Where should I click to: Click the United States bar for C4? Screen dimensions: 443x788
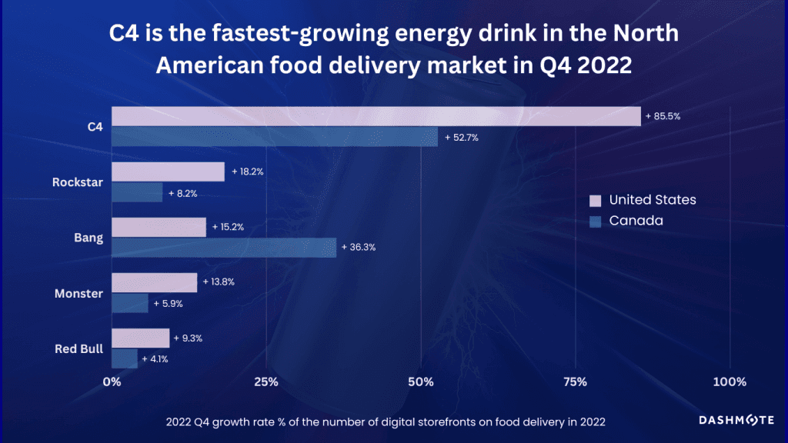[x=376, y=116]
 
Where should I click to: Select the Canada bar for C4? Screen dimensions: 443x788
[x=275, y=137]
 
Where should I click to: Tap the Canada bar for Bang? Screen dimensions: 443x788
[x=224, y=248]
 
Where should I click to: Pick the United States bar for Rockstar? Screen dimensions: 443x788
[x=168, y=172]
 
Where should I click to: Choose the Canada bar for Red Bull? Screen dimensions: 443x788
[x=125, y=358]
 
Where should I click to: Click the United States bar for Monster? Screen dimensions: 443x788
[x=155, y=282]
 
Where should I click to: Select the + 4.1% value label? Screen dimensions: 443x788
[x=155, y=358]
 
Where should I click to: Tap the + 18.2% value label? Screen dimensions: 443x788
[x=248, y=172]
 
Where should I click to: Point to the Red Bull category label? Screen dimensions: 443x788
[x=78, y=349]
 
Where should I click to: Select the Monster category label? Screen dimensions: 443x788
[x=78, y=293]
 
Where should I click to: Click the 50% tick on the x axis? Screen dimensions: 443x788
[x=421, y=382]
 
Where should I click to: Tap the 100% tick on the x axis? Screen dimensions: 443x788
[x=730, y=382]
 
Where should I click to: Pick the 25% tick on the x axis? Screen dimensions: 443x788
[x=265, y=382]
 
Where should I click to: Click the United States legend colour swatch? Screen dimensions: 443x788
[x=595, y=200]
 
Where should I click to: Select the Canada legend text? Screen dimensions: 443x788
[x=636, y=221]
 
